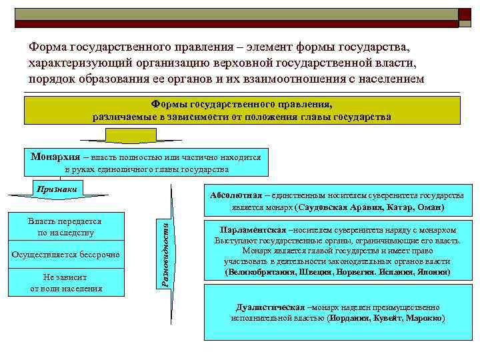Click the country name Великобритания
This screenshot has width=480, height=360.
coord(260,273)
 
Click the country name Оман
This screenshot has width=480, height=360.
coord(430,207)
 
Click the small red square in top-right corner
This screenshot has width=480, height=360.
coord(465,15)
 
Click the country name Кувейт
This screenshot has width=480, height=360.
coord(391,319)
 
